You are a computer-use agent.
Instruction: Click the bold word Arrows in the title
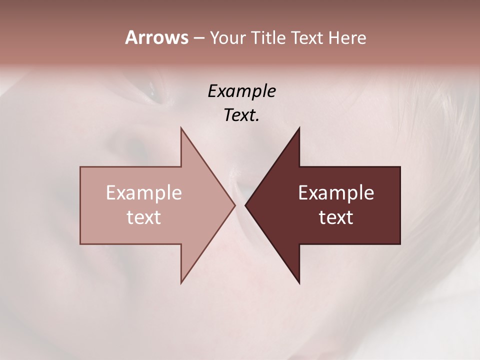156,37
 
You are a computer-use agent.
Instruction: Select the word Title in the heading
268,38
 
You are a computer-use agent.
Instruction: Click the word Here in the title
347,38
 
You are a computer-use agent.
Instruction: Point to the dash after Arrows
198,38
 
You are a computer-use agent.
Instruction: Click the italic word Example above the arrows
241,91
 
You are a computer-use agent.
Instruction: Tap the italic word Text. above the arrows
241,115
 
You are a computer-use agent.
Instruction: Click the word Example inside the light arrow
144,192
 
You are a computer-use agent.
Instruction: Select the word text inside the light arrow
144,217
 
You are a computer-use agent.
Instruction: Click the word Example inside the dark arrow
336,192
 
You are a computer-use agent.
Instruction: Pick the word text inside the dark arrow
336,217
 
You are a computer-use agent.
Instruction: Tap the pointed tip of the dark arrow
246,205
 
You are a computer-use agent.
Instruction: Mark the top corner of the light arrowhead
181,128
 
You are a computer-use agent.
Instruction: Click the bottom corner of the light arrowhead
181,282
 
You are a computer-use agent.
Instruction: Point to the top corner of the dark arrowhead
299,128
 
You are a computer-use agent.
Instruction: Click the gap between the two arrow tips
240,205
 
